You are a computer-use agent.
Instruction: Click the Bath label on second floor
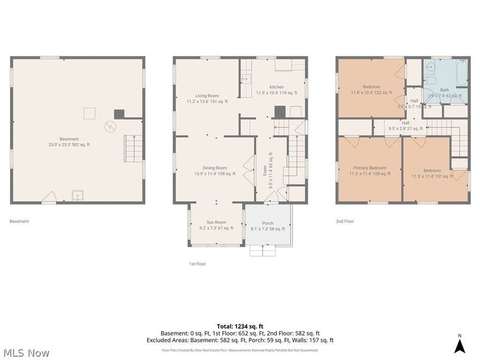coord(444,90)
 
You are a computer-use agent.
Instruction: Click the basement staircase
coord(134,148)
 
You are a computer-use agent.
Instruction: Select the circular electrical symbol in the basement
coord(110,126)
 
